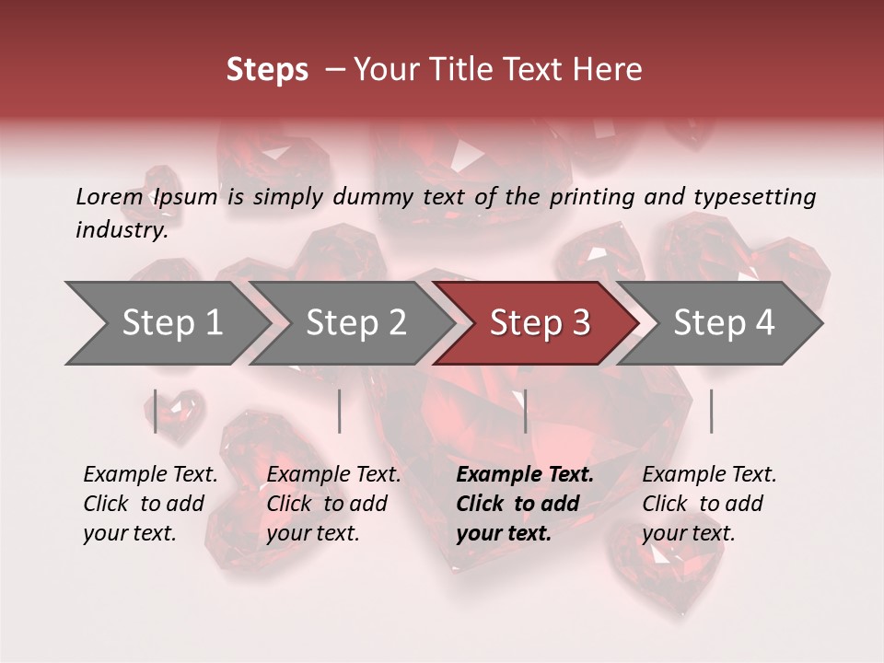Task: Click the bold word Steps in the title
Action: coord(267,70)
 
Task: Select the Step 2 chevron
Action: coord(355,323)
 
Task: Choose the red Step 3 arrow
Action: coord(539,323)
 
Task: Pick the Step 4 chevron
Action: coord(724,323)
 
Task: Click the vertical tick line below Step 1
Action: coord(156,411)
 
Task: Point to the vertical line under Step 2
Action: coord(340,411)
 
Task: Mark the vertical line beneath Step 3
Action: coord(526,411)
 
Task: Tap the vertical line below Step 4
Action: coord(711,411)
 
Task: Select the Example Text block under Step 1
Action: coord(150,504)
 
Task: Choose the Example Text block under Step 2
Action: coord(333,504)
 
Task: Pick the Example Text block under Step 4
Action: coord(709,504)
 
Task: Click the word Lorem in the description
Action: coord(109,196)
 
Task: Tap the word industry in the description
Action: coord(122,230)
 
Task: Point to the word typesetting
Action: coord(754,197)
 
